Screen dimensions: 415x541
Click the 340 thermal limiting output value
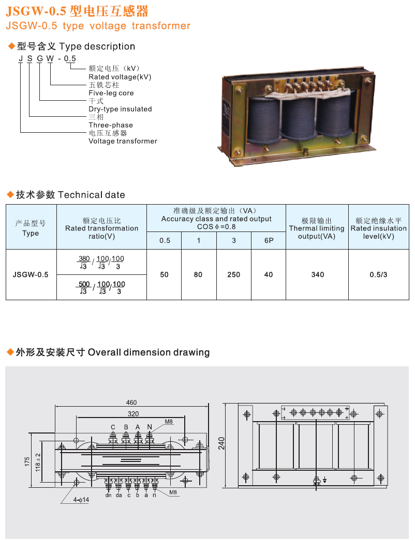point(317,275)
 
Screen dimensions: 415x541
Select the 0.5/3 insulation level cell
point(378,275)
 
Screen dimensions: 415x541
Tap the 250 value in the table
point(233,275)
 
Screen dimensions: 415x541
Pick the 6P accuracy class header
point(269,240)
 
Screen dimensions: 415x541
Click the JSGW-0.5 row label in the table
point(31,275)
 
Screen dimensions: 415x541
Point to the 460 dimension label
point(131,403)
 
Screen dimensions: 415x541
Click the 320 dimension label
point(133,414)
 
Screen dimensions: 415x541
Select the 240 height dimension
point(221,443)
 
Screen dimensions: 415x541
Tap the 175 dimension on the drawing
point(27,461)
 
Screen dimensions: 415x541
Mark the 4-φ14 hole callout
point(81,500)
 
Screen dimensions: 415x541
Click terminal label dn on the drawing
point(108,495)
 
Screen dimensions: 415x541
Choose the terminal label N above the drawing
point(149,427)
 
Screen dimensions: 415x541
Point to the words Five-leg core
point(111,93)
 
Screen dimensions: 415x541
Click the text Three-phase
point(111,125)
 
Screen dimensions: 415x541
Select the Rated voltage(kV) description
point(120,77)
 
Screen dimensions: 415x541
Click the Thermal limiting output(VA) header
point(317,228)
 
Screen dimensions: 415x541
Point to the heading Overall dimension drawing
point(149,352)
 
